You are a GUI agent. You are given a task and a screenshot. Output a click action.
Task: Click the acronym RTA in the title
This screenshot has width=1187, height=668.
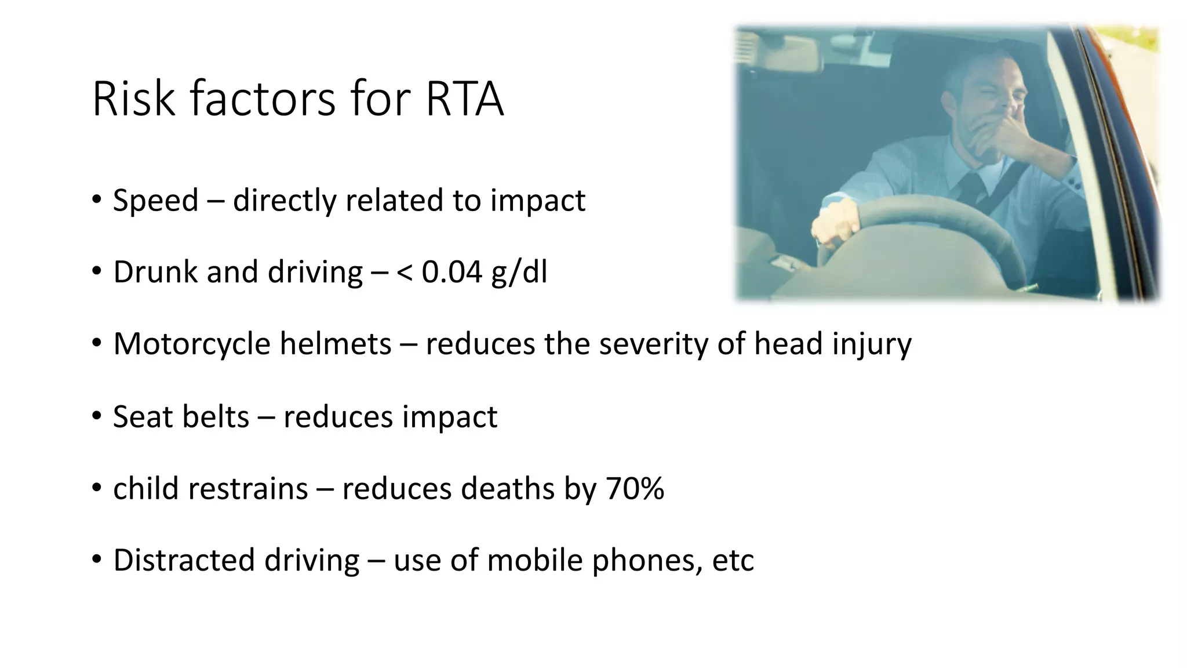(x=464, y=100)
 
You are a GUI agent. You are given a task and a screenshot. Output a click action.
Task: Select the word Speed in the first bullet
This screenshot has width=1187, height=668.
(x=155, y=201)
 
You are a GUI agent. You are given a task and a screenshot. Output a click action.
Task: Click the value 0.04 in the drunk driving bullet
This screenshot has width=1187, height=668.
(x=452, y=272)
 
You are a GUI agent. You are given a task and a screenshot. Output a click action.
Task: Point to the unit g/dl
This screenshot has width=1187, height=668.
(x=519, y=273)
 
